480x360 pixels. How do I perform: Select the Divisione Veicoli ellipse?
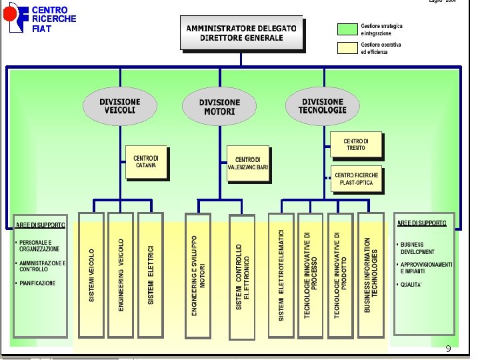tap(120, 107)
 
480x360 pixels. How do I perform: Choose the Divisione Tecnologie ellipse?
tap(322, 106)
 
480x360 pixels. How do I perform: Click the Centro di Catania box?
tap(147, 162)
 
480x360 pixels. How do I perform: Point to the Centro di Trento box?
tap(356, 144)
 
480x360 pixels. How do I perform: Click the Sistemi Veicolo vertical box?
tap(91, 275)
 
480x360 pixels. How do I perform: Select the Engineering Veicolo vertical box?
tap(121, 275)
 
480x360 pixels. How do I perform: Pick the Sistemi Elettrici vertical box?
tap(151, 275)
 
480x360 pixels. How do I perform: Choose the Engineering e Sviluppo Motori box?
tap(197, 275)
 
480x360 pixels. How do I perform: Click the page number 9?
tap(448, 349)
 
